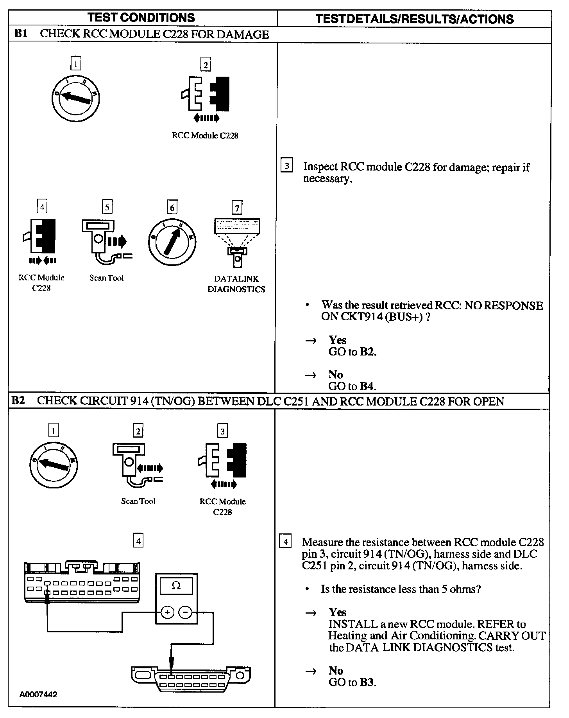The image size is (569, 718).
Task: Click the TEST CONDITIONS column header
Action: point(141,18)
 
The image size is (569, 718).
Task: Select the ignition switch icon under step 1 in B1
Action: point(76,96)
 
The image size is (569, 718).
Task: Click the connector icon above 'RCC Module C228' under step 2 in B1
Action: point(206,94)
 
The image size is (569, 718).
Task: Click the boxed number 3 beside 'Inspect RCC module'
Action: point(287,166)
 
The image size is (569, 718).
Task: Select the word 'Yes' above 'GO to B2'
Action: point(337,339)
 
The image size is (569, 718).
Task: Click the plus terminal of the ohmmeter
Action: point(167,612)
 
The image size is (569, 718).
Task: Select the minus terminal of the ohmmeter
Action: point(186,612)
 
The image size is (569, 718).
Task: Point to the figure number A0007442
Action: point(39,695)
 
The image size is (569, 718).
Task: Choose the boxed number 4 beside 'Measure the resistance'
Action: point(286,542)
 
